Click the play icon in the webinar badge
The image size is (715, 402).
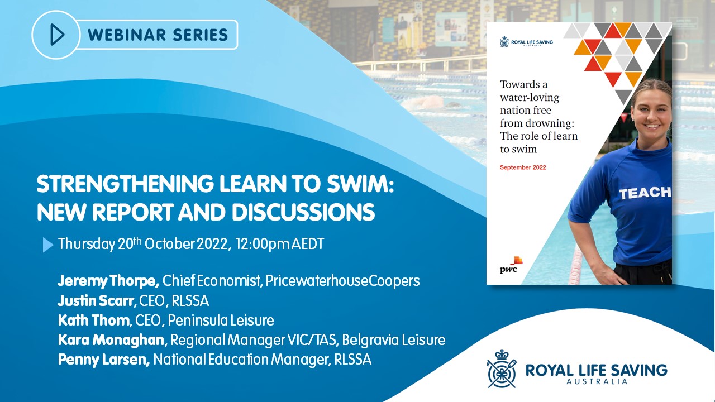click(57, 35)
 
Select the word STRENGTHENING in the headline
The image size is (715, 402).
click(125, 184)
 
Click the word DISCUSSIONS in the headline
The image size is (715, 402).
click(303, 212)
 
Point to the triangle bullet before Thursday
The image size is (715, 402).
click(48, 245)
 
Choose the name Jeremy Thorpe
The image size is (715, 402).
click(108, 281)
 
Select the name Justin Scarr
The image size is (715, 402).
click(96, 300)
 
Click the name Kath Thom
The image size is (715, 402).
click(94, 320)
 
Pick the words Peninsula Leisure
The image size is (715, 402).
click(221, 320)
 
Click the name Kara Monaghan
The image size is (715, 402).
click(111, 340)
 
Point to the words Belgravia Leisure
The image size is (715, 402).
click(394, 340)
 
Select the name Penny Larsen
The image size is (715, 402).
click(103, 360)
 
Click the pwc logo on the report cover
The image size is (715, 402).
click(511, 265)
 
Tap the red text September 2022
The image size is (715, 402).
click(523, 167)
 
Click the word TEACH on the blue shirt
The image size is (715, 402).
click(645, 193)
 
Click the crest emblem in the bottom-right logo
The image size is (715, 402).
click(502, 368)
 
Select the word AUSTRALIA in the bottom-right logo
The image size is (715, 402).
click(597, 381)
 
